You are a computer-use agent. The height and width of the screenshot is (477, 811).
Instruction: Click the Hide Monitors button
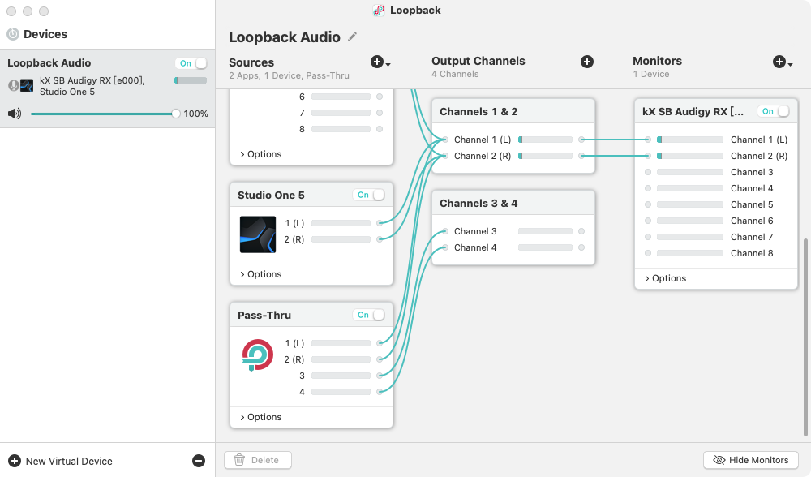click(x=750, y=460)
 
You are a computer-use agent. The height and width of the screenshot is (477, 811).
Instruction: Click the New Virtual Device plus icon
click(x=15, y=461)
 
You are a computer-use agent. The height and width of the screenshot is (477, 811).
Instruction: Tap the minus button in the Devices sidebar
click(x=199, y=461)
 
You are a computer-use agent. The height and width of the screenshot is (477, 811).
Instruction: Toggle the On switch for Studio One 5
click(x=371, y=195)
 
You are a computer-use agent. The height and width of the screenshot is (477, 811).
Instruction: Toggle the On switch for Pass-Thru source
click(x=371, y=315)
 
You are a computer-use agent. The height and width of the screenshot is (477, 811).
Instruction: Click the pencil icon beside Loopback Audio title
click(x=352, y=37)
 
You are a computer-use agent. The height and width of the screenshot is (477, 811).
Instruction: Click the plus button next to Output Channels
click(x=587, y=62)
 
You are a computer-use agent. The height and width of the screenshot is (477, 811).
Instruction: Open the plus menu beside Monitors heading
click(x=783, y=62)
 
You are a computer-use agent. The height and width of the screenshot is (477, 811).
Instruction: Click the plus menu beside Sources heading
click(x=380, y=62)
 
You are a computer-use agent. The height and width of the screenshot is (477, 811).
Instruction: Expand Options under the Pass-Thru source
click(x=260, y=417)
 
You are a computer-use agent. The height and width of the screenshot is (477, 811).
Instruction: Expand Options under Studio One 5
click(x=260, y=274)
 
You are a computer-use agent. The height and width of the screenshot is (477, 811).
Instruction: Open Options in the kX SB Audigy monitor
click(x=665, y=278)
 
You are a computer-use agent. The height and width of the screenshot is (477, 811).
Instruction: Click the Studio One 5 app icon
click(x=258, y=234)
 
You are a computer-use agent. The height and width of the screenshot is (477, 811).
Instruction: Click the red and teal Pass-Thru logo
click(x=258, y=355)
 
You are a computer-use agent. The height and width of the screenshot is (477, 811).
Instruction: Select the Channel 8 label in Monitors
click(x=752, y=253)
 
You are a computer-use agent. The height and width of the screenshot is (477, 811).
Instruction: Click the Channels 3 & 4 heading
click(x=478, y=204)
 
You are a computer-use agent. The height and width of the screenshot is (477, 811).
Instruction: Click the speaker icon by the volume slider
click(x=15, y=114)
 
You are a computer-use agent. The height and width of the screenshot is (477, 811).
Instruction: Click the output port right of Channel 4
click(x=581, y=247)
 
